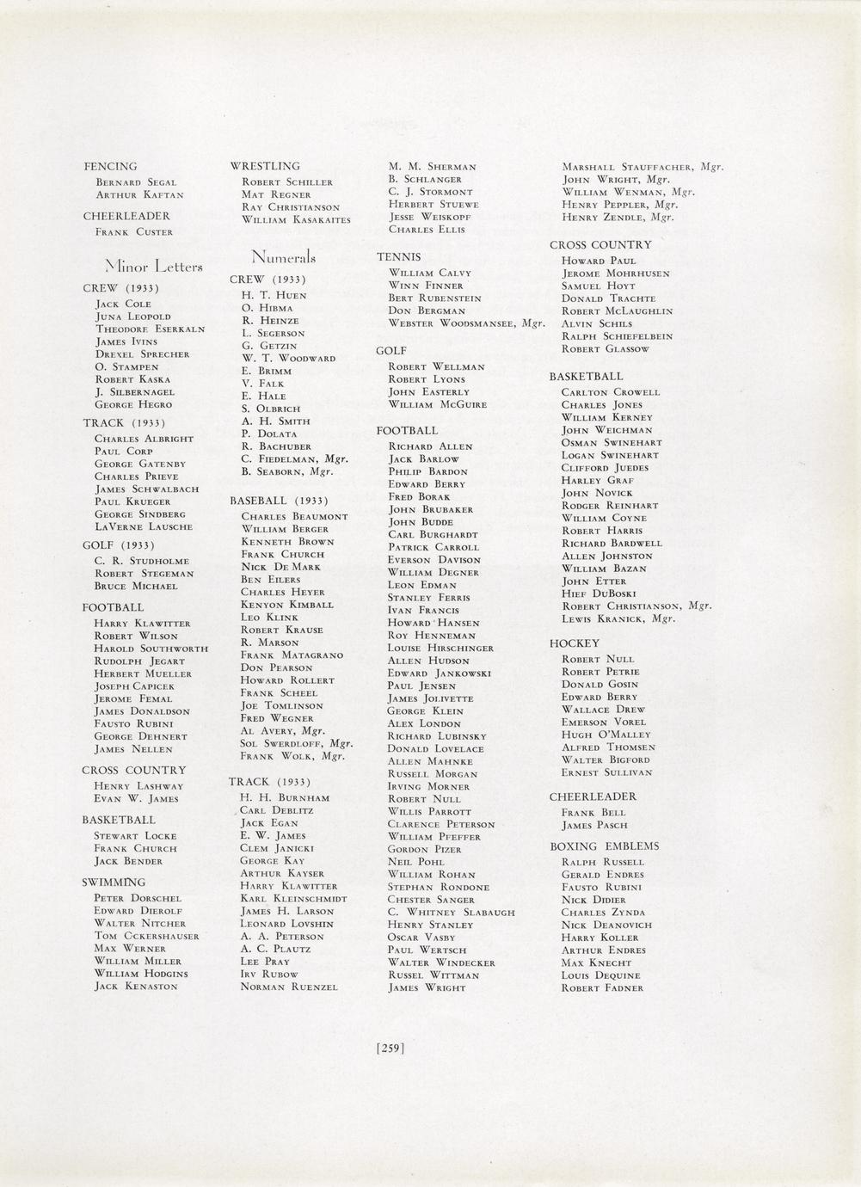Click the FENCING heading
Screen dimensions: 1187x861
(110, 166)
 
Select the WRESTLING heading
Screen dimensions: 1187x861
(265, 166)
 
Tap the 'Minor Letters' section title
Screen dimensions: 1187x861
(154, 267)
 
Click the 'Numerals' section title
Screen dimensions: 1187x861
(284, 257)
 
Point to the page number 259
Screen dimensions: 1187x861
(391, 1048)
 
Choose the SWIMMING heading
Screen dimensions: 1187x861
(114, 882)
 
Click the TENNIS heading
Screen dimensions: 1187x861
(398, 257)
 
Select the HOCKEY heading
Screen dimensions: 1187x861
(575, 643)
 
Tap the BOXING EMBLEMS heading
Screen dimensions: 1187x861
(604, 846)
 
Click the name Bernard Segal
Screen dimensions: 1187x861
(136, 182)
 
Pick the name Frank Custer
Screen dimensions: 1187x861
(134, 232)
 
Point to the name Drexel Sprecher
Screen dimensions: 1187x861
(142, 354)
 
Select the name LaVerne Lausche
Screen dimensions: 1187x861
(144, 526)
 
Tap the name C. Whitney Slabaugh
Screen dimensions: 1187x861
(452, 912)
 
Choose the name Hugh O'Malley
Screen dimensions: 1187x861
(606, 735)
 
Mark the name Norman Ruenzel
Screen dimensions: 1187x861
(289, 987)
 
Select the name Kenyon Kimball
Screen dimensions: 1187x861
(287, 605)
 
